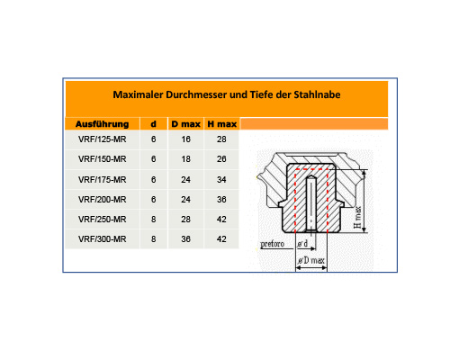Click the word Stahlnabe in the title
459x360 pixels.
pyautogui.click(x=317, y=94)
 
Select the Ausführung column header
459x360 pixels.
pyautogui.click(x=102, y=124)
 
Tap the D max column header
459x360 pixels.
pyautogui.click(x=185, y=124)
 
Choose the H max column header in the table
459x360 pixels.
pyautogui.click(x=222, y=124)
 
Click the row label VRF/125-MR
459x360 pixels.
pyautogui.click(x=102, y=139)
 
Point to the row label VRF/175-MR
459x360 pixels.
pyautogui.click(x=102, y=180)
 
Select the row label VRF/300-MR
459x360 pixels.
pyautogui.click(x=102, y=239)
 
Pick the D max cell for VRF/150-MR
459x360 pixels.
pyautogui.click(x=185, y=159)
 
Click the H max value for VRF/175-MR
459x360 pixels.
pyautogui.click(x=221, y=180)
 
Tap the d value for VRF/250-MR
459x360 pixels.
pyautogui.click(x=153, y=220)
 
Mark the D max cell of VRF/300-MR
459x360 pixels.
pyautogui.click(x=185, y=239)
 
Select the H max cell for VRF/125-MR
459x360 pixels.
pyautogui.click(x=221, y=139)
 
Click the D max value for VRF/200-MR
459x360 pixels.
pyautogui.click(x=185, y=200)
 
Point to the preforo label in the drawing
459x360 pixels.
pyautogui.click(x=272, y=244)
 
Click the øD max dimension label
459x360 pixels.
pyautogui.click(x=311, y=260)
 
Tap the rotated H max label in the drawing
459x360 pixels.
pyautogui.click(x=357, y=217)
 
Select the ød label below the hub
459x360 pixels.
pyautogui.click(x=302, y=244)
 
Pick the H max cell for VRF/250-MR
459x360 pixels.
pyautogui.click(x=221, y=220)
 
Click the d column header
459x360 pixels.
pyautogui.click(x=153, y=124)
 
